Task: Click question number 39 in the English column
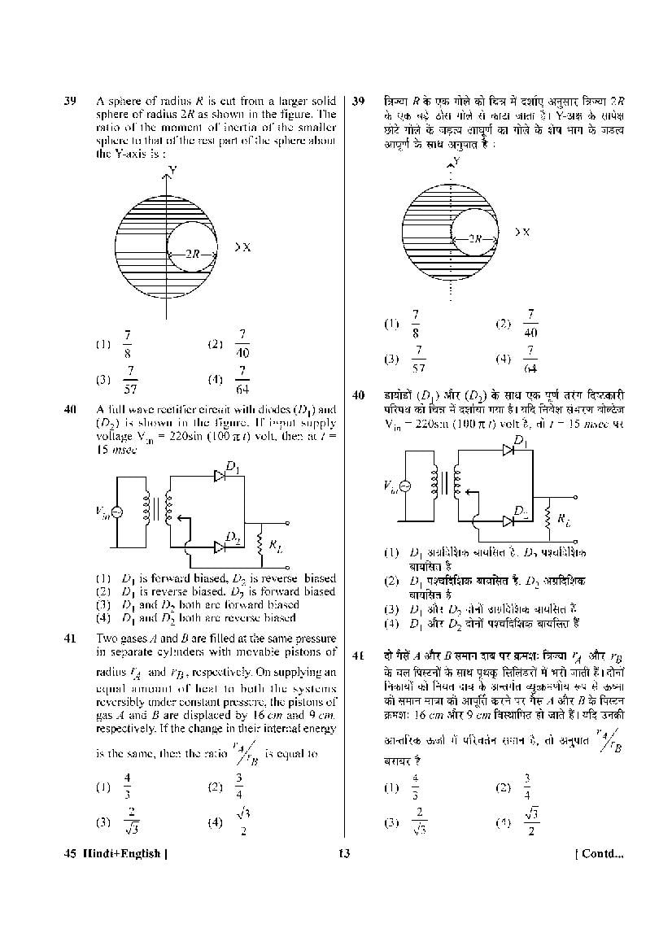pos(70,102)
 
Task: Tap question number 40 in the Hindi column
pos(358,395)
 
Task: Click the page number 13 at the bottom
pos(343,854)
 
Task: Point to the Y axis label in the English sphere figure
pos(172,170)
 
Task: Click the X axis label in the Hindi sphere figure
pos(525,232)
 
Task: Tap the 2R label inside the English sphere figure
pos(192,254)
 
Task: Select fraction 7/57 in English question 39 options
pos(129,380)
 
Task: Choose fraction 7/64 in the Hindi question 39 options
pos(530,359)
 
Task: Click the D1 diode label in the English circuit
pos(233,467)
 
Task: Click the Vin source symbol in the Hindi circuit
pos(406,486)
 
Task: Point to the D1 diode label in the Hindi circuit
pos(521,442)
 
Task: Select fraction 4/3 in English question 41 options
pos(127,787)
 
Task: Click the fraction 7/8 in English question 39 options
pos(129,343)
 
